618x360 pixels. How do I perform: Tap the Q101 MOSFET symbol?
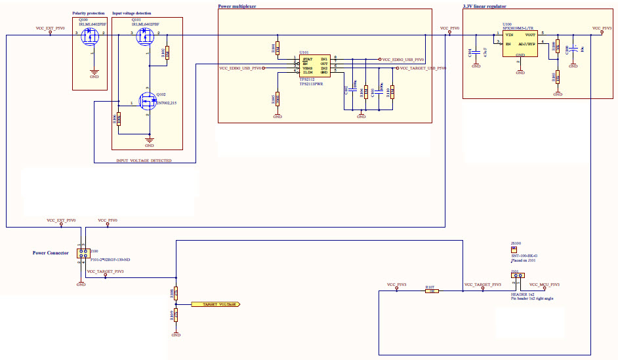point(146,37)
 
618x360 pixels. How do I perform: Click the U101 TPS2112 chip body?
point(314,66)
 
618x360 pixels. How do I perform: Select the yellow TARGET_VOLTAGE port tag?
point(216,304)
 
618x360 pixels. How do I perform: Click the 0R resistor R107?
point(432,291)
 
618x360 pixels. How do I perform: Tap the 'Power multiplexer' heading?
point(237,6)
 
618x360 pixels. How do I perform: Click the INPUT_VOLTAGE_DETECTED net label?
point(144,160)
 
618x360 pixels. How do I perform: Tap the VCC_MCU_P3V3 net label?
point(545,285)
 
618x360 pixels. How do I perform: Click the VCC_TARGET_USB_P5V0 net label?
point(423,68)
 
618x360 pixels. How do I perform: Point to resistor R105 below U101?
point(278,98)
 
